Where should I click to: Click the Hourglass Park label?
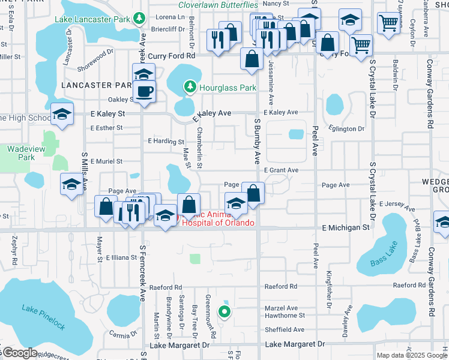[x=228, y=88]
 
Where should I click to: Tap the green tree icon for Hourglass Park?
[x=190, y=88]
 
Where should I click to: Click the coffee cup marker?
[x=144, y=92]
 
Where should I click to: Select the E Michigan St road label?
[x=346, y=228]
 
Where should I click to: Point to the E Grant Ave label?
[x=280, y=170]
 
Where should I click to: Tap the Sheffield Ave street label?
[x=285, y=330]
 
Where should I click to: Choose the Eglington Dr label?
[x=346, y=128]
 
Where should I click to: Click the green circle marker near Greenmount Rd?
[x=224, y=311]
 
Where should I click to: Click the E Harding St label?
[x=166, y=142]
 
